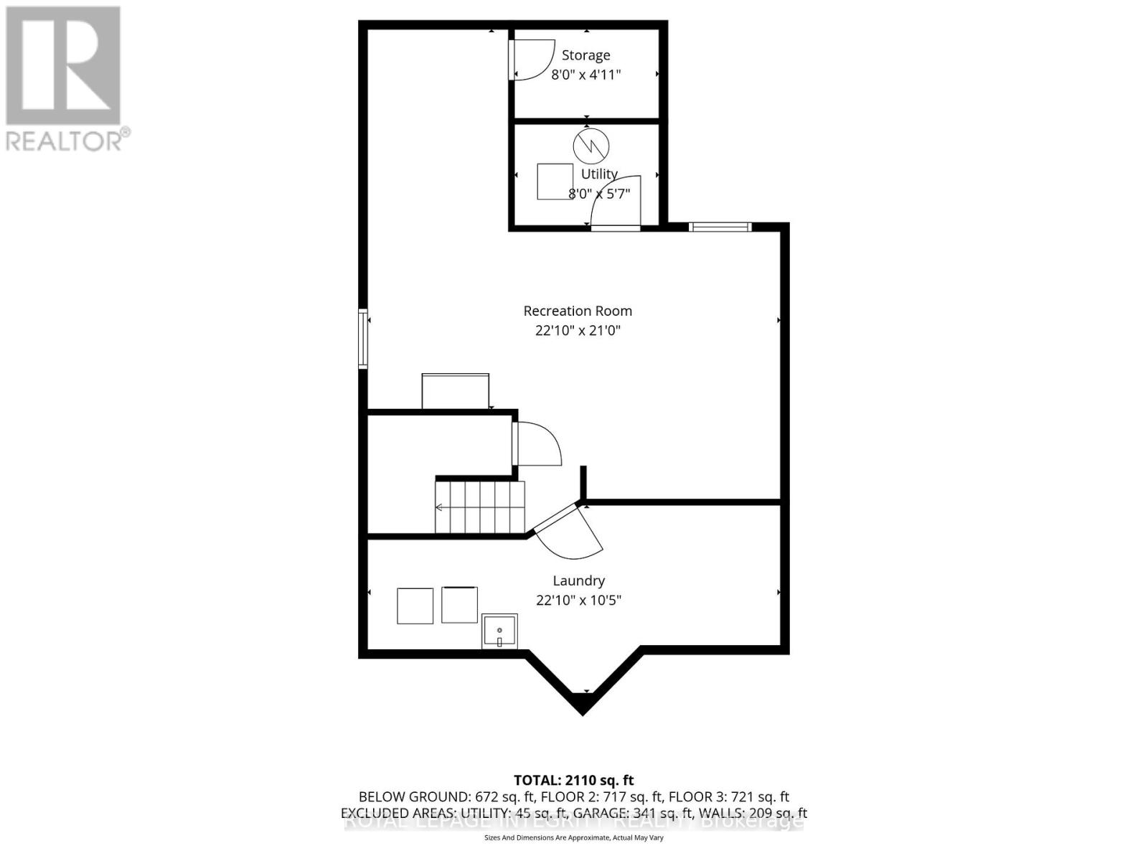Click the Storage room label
(585, 55)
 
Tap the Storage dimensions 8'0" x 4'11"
(585, 75)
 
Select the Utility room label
(599, 174)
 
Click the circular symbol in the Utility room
(591, 146)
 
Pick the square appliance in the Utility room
(555, 182)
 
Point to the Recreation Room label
(578, 311)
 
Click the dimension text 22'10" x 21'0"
(578, 331)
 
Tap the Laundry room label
(578, 580)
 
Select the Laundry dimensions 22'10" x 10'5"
(578, 600)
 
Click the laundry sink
(499, 631)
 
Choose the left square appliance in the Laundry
(415, 606)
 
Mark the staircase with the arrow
(479, 507)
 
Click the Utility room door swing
(615, 203)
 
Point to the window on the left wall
(363, 339)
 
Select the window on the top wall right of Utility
(720, 227)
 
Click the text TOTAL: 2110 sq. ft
(573, 780)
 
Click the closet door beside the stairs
(537, 444)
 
